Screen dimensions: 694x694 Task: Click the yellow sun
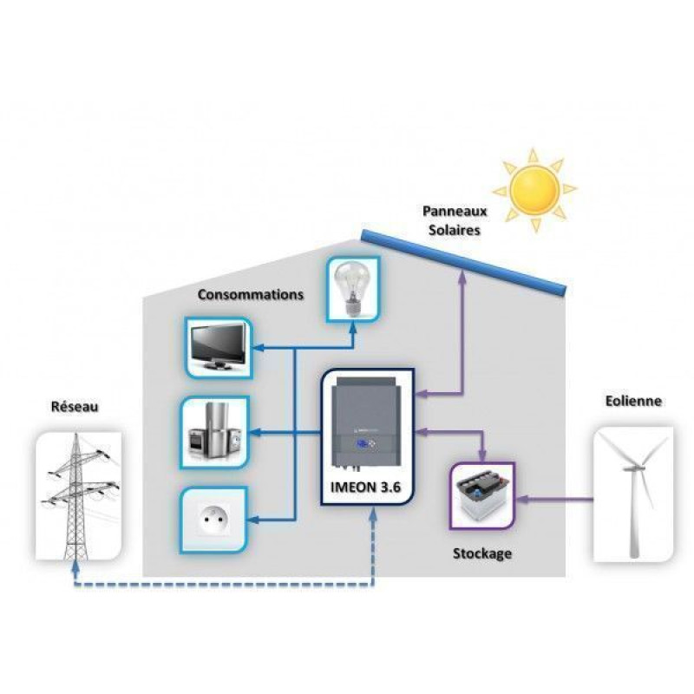pos(534,189)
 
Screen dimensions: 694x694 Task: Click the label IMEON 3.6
pos(367,488)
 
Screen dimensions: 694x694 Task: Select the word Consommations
pos(251,294)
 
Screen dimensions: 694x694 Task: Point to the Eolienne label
pos(633,401)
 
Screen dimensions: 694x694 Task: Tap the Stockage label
pos(481,552)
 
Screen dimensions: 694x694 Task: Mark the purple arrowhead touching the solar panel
pos(463,277)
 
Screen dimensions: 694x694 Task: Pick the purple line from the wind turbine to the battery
pos(555,499)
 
